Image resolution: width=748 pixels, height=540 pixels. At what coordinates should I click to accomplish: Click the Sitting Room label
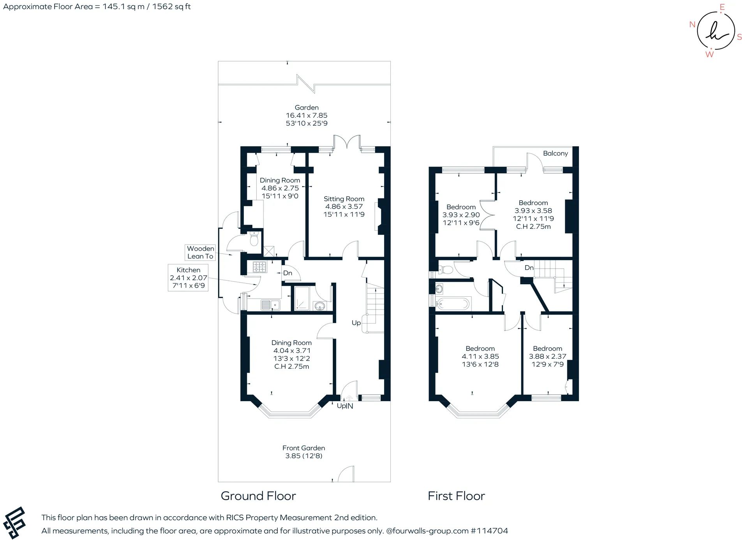pos(344,199)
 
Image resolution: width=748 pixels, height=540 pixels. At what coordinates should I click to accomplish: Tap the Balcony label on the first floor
pos(556,154)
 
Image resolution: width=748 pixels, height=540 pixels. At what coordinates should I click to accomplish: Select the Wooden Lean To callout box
pos(200,252)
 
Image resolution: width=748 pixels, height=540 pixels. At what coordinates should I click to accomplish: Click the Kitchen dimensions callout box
pos(188,278)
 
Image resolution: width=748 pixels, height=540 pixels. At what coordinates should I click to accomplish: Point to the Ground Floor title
pos(258,496)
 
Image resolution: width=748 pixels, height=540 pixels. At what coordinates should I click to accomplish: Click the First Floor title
pos(456,496)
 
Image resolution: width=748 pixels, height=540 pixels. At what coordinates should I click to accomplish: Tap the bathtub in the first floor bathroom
pos(453,304)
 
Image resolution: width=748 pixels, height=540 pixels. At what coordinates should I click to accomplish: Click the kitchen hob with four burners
pos(260,267)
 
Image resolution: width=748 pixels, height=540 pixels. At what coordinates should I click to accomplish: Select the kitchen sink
pos(270,305)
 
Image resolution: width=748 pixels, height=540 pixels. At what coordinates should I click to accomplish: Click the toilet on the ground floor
pos(254,239)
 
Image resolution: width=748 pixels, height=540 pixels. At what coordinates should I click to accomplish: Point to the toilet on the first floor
pos(445,269)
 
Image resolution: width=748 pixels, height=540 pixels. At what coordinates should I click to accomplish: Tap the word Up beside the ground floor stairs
pos(356,323)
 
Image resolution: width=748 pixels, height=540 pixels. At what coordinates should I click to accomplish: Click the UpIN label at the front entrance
pos(345,406)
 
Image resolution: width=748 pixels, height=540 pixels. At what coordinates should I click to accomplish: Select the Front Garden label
pos(304,448)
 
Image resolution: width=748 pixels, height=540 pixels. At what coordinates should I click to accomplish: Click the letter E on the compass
pos(722,7)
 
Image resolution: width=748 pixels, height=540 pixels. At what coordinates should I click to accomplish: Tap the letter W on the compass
pos(710,55)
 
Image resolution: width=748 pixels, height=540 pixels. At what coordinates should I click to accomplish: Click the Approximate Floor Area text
pos(97,7)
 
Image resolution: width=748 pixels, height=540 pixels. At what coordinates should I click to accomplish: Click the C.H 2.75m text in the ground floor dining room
pos(292,366)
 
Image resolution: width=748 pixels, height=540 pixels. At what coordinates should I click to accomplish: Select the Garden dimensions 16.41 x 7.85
pos(307,115)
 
